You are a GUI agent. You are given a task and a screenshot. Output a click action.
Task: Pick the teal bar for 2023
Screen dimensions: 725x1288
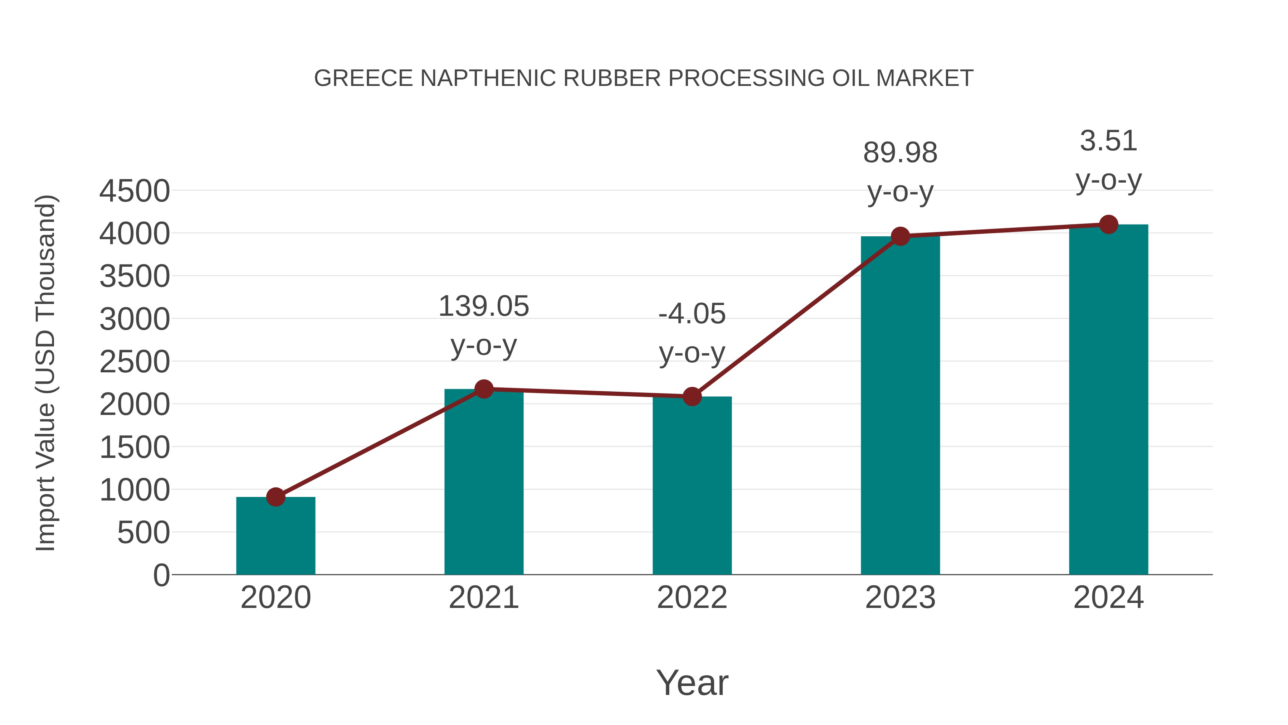point(900,405)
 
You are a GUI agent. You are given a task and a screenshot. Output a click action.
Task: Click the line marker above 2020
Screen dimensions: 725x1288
point(275,497)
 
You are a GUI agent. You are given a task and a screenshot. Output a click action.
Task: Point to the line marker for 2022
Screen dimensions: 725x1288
point(692,396)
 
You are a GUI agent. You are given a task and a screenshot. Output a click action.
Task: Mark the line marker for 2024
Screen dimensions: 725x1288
point(1108,224)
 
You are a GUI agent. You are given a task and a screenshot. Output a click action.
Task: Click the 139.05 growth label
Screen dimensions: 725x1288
point(483,306)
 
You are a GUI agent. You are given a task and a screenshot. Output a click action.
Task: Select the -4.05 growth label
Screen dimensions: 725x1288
point(692,314)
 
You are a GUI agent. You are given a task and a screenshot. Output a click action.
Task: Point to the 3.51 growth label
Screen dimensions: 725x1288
point(1108,141)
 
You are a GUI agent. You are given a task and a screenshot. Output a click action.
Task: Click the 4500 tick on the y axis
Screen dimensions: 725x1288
point(135,191)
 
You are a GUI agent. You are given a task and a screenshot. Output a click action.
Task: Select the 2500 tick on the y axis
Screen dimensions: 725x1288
point(135,362)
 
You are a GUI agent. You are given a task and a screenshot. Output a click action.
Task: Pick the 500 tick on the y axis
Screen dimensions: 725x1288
point(143,532)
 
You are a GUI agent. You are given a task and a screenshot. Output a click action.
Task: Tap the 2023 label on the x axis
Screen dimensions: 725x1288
point(900,598)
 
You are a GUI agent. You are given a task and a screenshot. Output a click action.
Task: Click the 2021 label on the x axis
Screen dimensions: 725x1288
point(483,598)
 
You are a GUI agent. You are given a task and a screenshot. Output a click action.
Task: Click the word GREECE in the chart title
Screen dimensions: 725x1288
point(364,78)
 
